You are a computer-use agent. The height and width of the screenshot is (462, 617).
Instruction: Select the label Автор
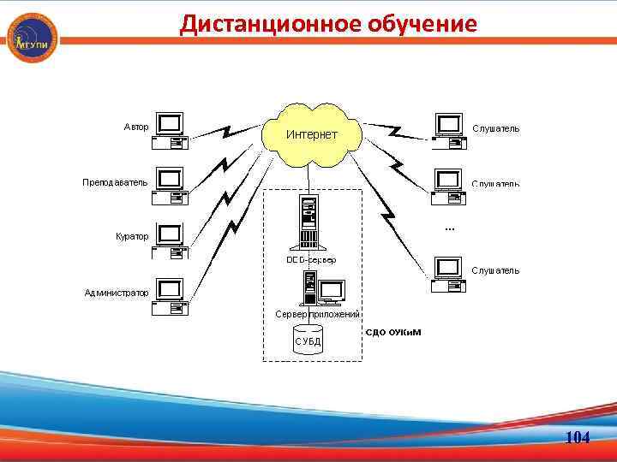136,127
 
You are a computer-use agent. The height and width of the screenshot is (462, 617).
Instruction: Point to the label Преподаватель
115,182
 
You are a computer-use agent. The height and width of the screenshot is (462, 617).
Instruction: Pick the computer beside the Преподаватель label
170,187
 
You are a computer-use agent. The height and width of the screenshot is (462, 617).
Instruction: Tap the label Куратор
132,236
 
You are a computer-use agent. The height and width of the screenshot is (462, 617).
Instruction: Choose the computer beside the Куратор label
170,240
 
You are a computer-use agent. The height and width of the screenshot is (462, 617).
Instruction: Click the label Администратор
117,293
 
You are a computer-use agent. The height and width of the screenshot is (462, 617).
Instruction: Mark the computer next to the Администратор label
170,296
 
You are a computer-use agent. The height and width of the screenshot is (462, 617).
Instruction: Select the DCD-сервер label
311,259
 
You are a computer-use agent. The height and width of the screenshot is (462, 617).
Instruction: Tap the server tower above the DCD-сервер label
307,222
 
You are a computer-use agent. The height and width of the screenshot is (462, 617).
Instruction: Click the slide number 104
578,438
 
